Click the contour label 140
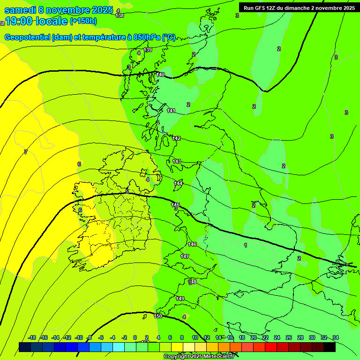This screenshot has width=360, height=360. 161,75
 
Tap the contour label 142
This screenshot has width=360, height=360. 176,138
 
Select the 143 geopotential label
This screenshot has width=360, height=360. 177,161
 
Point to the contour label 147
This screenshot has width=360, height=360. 185,256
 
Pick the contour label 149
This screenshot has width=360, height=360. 180,299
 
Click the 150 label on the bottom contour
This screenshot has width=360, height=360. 158,316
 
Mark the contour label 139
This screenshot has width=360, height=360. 148,50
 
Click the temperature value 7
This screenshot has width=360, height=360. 26,152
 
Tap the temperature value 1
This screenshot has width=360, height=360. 246,245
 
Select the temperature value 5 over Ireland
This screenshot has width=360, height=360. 127,191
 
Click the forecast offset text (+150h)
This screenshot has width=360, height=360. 83,21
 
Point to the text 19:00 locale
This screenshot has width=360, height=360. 36,21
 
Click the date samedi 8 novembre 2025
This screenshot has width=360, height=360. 59,10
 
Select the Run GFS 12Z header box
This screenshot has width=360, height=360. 299,8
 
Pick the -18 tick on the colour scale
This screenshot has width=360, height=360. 32,337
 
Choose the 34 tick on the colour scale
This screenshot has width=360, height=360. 336,337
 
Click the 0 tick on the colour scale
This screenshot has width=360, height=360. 135,337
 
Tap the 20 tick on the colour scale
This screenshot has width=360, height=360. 253,337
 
